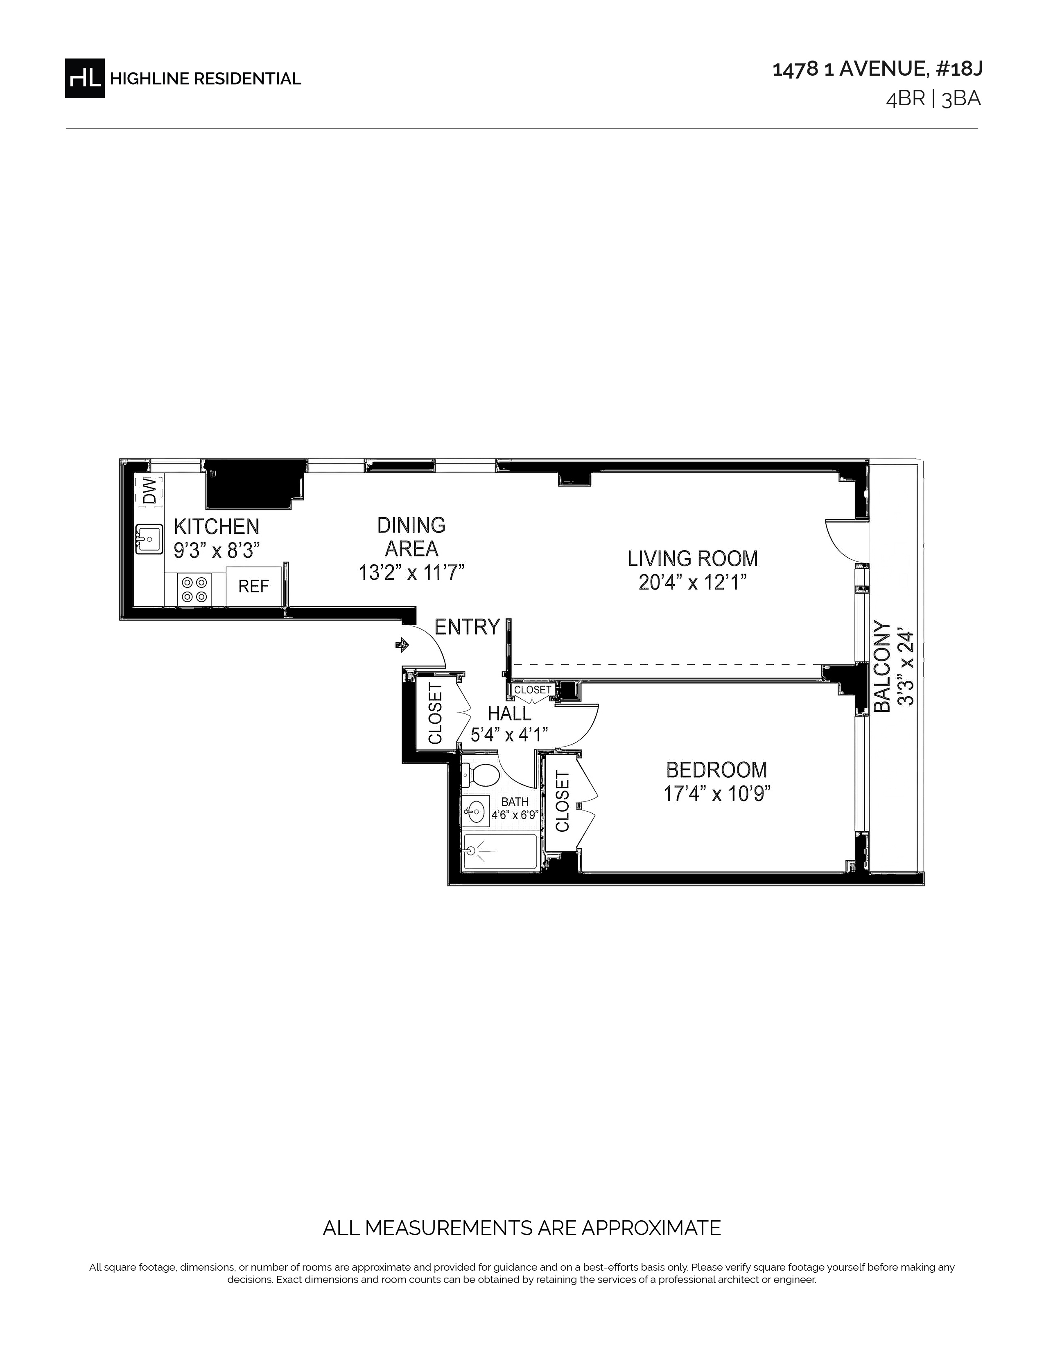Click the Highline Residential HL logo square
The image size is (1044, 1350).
tap(85, 78)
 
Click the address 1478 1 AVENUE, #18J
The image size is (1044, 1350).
tap(877, 69)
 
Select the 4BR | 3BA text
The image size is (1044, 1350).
tap(933, 99)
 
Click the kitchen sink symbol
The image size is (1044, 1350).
tap(149, 539)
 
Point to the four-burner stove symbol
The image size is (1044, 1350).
tap(194, 589)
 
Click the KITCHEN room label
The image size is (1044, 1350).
tap(217, 526)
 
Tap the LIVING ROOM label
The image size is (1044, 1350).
tap(693, 558)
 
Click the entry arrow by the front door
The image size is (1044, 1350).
tap(402, 645)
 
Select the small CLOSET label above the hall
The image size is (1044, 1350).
tap(533, 689)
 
